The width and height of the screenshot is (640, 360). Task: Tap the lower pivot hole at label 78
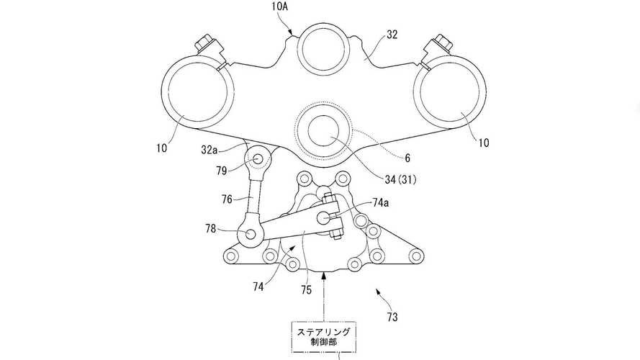[248, 233]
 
